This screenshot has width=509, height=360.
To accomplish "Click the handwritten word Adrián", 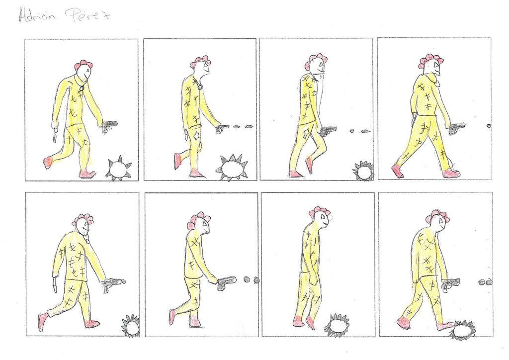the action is [x=37, y=14].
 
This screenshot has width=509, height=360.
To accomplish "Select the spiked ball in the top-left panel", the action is [x=119, y=168].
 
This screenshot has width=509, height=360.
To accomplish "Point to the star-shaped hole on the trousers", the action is [x=197, y=136].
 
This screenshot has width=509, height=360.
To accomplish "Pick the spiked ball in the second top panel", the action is [x=231, y=168].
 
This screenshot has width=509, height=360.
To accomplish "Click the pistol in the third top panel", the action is [x=328, y=131].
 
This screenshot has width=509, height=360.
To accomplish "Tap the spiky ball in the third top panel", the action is [x=363, y=172].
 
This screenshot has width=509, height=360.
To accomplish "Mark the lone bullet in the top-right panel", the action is [x=489, y=126].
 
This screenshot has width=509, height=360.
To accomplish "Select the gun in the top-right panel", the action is [x=456, y=128].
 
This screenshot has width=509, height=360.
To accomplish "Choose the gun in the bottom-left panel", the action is [x=114, y=284].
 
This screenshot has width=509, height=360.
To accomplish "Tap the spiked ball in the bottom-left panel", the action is [x=131, y=326].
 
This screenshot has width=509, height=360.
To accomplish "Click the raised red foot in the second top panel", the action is [x=177, y=161].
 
